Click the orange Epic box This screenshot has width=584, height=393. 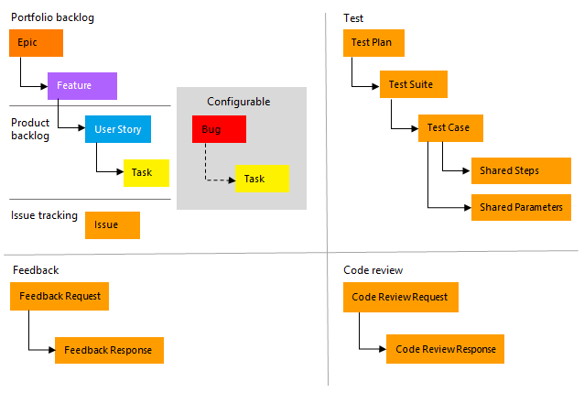tap(36, 43)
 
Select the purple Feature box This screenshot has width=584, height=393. tap(81, 86)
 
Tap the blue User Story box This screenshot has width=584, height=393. tap(117, 129)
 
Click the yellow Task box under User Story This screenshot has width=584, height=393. tap(146, 172)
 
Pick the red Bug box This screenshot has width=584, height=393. tap(219, 129)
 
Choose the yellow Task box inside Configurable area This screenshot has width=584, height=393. tap(262, 179)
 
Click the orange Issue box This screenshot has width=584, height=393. tap(112, 225)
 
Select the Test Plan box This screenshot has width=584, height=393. tap(373, 43)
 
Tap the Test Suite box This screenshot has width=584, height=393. tap(413, 84)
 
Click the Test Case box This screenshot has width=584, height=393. tap(449, 127)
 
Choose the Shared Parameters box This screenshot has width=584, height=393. tap(522, 207)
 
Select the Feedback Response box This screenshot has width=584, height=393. tap(109, 350)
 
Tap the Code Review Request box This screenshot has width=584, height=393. tap(400, 297)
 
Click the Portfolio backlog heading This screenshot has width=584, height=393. tap(52, 17)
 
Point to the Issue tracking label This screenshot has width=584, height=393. tap(43, 215)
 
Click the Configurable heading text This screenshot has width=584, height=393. tap(239, 102)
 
